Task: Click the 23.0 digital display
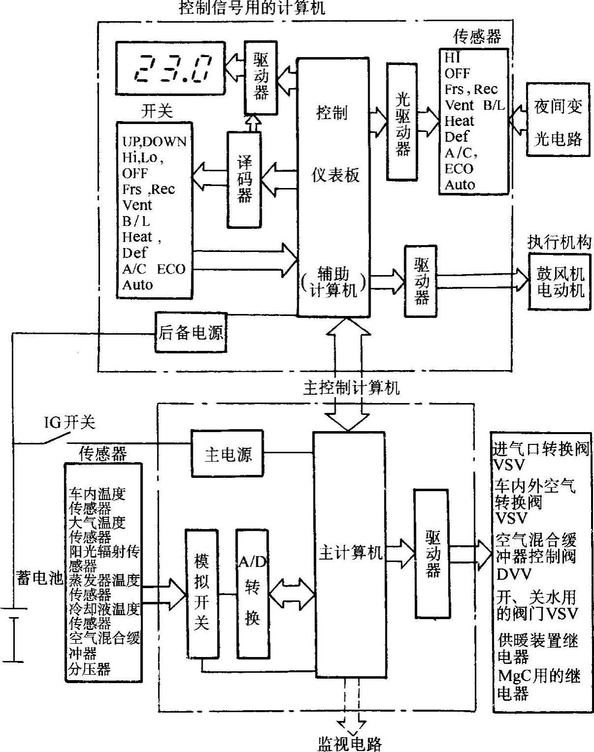point(170,68)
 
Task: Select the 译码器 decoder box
point(245,179)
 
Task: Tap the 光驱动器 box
point(403,121)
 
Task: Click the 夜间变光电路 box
point(558,123)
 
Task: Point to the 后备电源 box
point(191,333)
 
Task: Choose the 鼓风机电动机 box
point(560,282)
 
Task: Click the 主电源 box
point(228,454)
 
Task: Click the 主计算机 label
point(350,553)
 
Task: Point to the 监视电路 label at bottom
point(350,743)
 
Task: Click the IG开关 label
point(69,422)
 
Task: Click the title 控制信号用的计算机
point(253,8)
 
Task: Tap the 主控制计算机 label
point(351,388)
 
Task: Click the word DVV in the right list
point(514,574)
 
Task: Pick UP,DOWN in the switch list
point(154,142)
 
